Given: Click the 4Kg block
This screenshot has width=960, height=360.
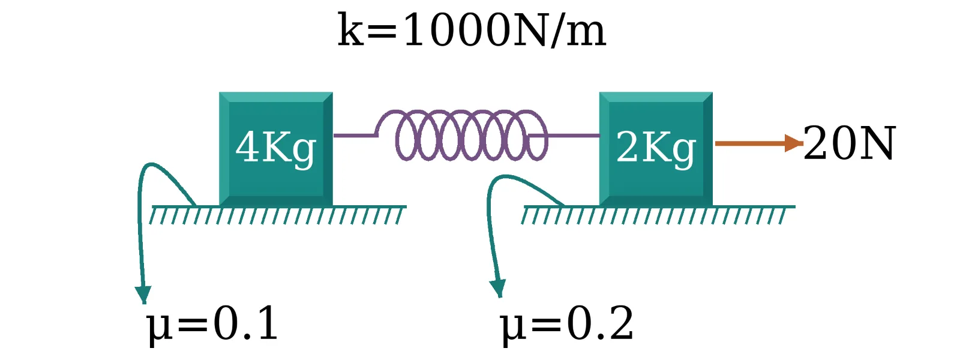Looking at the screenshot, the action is point(276,149).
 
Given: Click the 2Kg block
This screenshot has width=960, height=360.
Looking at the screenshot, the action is point(656,149).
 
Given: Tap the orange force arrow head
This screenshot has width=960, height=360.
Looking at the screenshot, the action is point(794,143).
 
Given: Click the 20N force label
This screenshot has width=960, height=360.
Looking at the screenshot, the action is point(850,143).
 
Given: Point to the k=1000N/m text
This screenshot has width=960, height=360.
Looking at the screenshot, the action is point(472,30).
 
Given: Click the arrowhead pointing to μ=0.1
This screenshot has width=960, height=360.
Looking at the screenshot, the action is point(143,295).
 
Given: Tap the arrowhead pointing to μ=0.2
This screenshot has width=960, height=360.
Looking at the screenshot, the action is point(499,289).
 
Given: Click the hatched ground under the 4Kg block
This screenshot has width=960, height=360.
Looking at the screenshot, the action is point(278,215).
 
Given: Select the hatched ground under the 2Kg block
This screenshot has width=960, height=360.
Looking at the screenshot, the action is point(658,215).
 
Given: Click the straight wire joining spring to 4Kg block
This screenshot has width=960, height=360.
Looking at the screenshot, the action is point(355,136).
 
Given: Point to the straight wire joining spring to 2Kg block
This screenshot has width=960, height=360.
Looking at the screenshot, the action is point(563,136).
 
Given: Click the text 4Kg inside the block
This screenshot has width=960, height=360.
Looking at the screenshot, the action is point(276,148).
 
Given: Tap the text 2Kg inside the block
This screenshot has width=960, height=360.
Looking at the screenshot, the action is point(656,148).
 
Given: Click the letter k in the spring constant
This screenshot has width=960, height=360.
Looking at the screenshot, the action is point(351,29).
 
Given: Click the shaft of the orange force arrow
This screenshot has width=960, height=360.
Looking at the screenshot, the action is point(750,143).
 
